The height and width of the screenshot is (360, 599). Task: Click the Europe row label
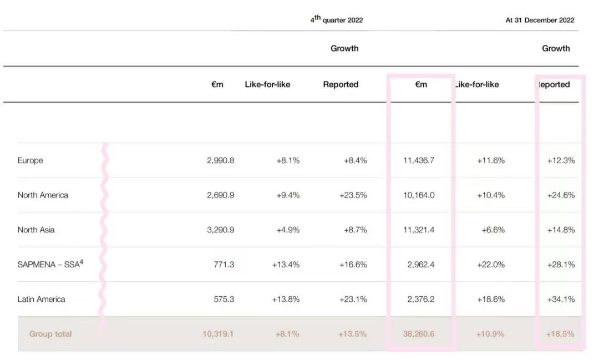pyautogui.click(x=31, y=160)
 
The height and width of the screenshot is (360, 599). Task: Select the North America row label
pyautogui.click(x=43, y=195)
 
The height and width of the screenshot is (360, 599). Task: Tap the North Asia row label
pyautogui.click(x=36, y=230)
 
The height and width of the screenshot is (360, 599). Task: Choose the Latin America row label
pyautogui.click(x=41, y=299)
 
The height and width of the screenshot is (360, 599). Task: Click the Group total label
pyautogui.click(x=50, y=334)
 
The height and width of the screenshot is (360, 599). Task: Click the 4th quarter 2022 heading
pyautogui.click(x=337, y=20)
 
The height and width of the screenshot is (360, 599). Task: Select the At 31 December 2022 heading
pyautogui.click(x=540, y=20)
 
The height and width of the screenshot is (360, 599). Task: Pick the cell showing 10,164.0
pyautogui.click(x=419, y=195)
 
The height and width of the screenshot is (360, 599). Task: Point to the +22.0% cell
pyautogui.click(x=491, y=265)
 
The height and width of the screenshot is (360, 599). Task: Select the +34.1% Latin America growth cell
pyautogui.click(x=561, y=299)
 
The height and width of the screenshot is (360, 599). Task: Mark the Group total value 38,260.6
pyautogui.click(x=419, y=334)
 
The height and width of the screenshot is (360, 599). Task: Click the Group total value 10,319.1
pyautogui.click(x=218, y=334)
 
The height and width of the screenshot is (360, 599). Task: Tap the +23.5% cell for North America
pyautogui.click(x=353, y=195)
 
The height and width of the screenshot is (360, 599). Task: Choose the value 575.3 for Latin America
pyautogui.click(x=224, y=299)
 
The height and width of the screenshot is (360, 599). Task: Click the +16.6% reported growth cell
pyautogui.click(x=353, y=265)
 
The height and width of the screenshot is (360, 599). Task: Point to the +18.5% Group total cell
pyautogui.click(x=561, y=334)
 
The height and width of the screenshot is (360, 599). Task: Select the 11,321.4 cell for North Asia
pyautogui.click(x=419, y=230)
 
